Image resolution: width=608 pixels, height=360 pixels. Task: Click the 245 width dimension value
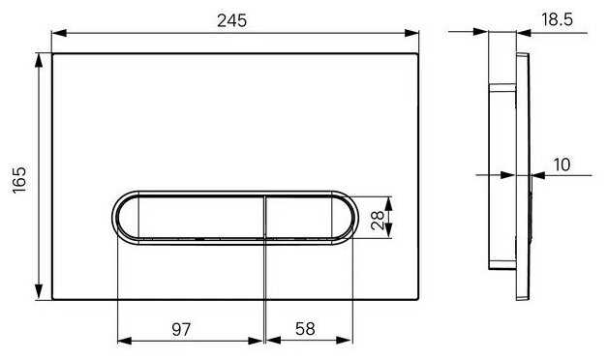coord(233,19)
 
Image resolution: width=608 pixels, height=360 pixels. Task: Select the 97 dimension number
coord(181,329)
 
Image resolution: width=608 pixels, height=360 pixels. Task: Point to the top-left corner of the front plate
coord(52,53)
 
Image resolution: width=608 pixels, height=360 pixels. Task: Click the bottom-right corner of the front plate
coord(419,299)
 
